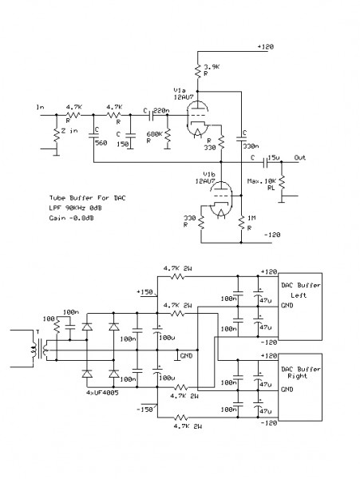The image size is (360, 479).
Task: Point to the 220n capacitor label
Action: pos(159,110)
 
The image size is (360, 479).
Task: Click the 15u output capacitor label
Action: pos(274,156)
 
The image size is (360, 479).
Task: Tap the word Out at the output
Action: pos(301,157)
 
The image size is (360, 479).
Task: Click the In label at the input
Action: pos(40,106)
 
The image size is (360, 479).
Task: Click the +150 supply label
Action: pos(144,291)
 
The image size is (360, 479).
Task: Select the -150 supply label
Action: pos(144,409)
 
